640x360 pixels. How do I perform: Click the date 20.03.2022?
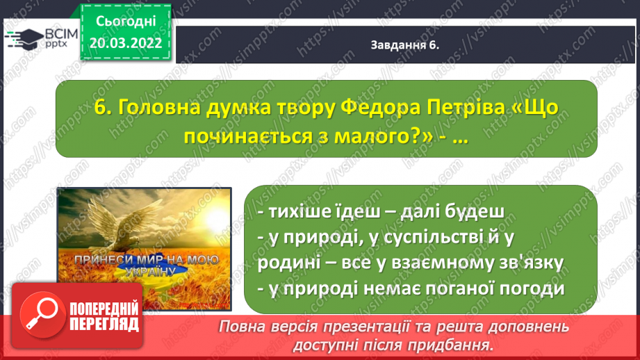coord(126,43)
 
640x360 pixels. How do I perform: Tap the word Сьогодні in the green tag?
coord(126,22)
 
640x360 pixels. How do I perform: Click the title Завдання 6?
coord(404,45)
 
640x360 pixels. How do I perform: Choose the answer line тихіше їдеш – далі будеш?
coord(381,211)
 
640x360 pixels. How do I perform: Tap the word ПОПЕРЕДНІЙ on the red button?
coord(104,309)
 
